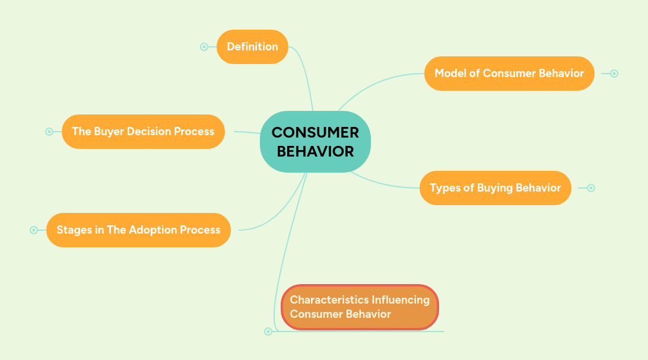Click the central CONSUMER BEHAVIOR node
click(x=315, y=142)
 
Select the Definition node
click(x=252, y=47)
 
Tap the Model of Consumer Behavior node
click(x=509, y=74)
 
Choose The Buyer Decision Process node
click(x=143, y=132)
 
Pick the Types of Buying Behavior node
click(x=495, y=188)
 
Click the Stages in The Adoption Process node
click(x=138, y=230)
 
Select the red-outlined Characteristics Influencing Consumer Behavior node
click(x=360, y=307)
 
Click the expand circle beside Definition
click(x=204, y=47)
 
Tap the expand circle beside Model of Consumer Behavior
click(x=614, y=74)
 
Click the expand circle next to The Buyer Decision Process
click(x=49, y=132)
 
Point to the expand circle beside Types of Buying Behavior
click(x=591, y=188)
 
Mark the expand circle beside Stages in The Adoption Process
click(x=34, y=230)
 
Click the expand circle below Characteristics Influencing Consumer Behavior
click(x=268, y=332)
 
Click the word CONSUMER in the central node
click(x=315, y=133)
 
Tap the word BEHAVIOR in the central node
click(x=315, y=151)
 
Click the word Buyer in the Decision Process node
click(x=110, y=132)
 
